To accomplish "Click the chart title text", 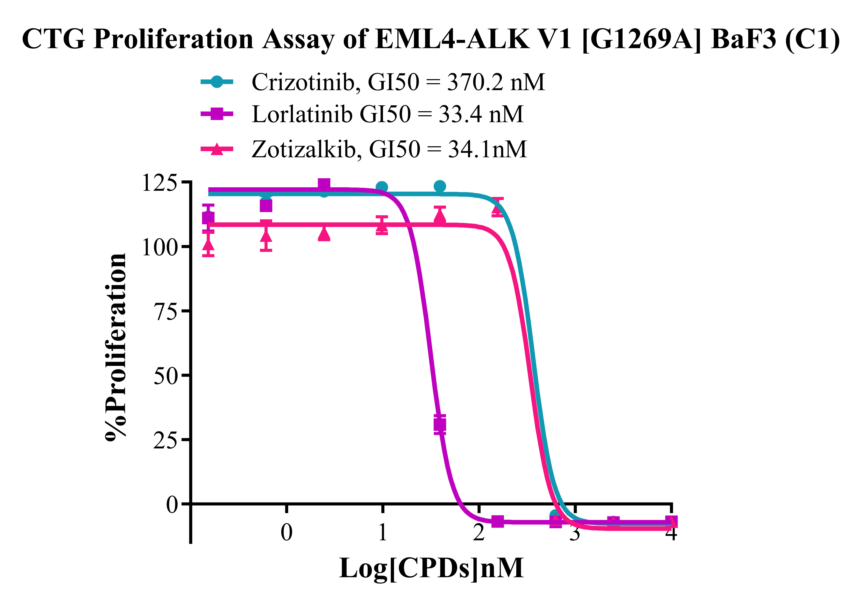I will tap(431, 39).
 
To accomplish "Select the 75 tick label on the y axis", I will tap(165, 312).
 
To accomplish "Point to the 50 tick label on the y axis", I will tap(165, 376).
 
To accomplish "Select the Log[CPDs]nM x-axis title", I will tap(431, 568).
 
